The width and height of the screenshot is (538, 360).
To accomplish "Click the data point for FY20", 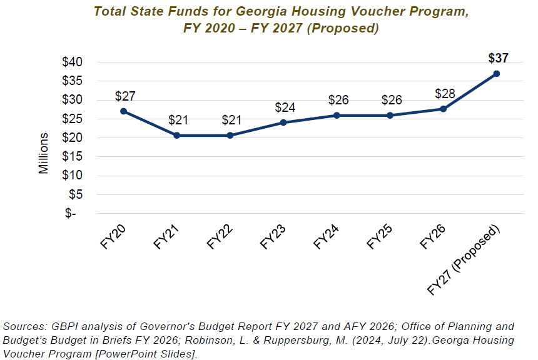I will [124, 111].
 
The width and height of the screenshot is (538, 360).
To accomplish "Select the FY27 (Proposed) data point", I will [496, 74].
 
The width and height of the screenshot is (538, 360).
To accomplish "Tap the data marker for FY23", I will [283, 122].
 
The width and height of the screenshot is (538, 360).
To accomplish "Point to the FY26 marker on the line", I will [443, 109].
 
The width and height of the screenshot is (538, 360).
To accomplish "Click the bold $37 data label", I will [498, 58].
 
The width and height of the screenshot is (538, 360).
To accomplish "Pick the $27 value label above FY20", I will [125, 96].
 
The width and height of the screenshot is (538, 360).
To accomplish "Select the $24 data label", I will [285, 107].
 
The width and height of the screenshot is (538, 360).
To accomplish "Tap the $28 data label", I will [444, 94].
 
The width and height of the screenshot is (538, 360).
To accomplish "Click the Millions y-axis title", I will [44, 152].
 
